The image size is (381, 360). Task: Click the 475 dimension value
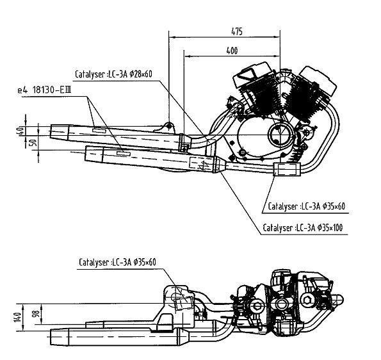click(237, 31)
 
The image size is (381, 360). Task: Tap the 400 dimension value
click(232, 51)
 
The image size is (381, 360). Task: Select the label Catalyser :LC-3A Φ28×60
click(113, 74)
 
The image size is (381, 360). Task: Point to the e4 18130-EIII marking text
click(44, 90)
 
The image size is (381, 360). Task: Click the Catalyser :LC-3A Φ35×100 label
click(303, 228)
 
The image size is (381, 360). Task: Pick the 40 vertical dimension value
click(21, 131)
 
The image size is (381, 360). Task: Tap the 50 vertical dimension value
click(35, 142)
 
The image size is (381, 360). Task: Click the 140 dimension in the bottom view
click(18, 317)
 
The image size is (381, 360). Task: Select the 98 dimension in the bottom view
click(36, 314)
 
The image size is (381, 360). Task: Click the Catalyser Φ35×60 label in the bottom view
click(117, 262)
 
